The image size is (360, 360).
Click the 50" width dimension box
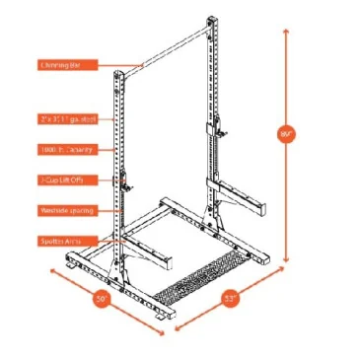[x=103, y=297]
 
